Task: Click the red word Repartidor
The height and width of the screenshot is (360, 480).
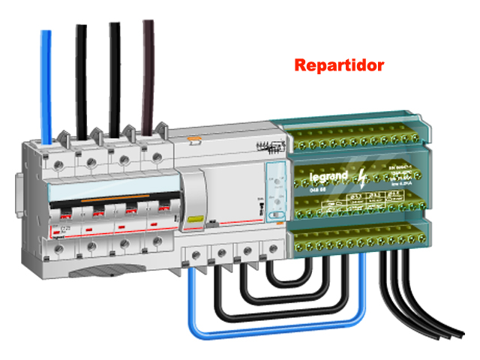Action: pyautogui.click(x=339, y=65)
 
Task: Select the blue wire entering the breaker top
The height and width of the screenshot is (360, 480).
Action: pyautogui.click(x=46, y=82)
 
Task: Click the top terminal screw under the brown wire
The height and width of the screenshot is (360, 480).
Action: pyautogui.click(x=155, y=159)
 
